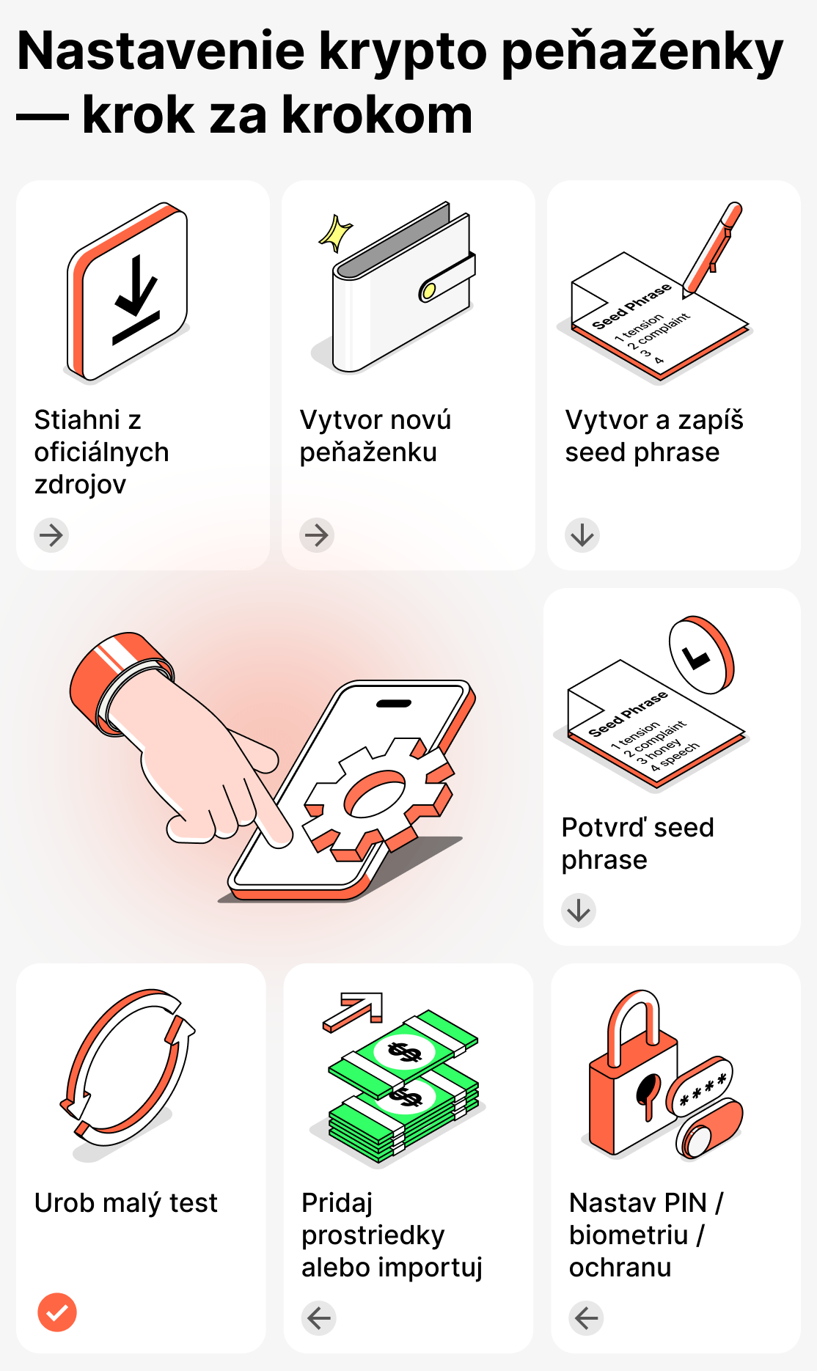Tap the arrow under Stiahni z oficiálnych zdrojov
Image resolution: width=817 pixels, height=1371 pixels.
tap(51, 535)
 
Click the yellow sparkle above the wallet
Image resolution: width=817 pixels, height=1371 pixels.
tap(336, 233)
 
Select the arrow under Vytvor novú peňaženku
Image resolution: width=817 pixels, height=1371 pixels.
tap(317, 535)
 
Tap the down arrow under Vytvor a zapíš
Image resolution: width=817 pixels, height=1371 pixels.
tap(582, 535)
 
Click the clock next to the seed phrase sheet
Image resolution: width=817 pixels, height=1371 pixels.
tap(700, 655)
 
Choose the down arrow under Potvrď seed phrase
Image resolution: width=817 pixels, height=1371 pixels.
tap(579, 911)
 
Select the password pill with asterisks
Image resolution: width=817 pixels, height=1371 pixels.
tap(701, 1086)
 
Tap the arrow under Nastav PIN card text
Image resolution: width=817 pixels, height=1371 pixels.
tap(586, 1318)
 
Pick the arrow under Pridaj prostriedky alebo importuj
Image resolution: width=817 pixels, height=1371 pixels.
tap(319, 1318)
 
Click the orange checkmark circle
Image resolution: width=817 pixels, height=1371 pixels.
tap(57, 1312)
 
